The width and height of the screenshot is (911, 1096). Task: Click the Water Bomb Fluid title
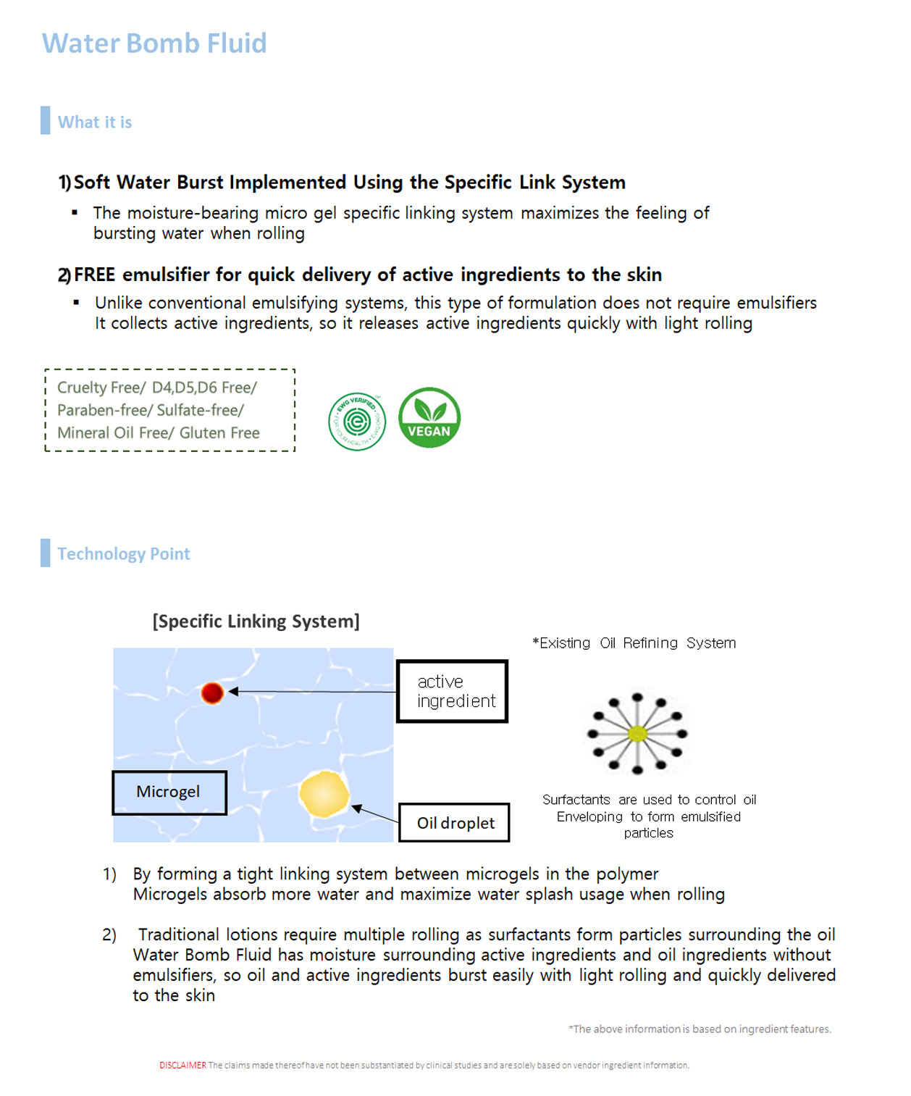point(154,43)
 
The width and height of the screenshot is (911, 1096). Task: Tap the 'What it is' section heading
point(95,122)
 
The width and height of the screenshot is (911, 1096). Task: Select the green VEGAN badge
point(429,417)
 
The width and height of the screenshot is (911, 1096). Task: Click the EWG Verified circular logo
point(357,422)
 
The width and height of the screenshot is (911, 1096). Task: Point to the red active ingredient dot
point(212,693)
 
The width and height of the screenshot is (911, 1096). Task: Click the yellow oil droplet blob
point(324,795)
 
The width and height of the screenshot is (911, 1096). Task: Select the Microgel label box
point(169,792)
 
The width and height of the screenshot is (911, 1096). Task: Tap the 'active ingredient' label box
point(453,691)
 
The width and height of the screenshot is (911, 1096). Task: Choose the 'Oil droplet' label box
point(454,822)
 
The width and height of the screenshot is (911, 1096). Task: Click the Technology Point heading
point(124,554)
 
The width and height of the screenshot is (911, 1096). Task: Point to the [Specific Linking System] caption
point(256,622)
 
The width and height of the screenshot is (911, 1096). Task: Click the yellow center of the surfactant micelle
point(637,734)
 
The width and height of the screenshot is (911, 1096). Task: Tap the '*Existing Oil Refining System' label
point(634,643)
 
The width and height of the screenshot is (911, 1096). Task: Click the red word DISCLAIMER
point(182,1065)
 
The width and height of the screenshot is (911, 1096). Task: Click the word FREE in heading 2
point(94,275)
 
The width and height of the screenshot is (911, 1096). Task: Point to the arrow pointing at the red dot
point(311,692)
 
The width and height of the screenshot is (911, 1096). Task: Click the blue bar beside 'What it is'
point(46,120)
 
